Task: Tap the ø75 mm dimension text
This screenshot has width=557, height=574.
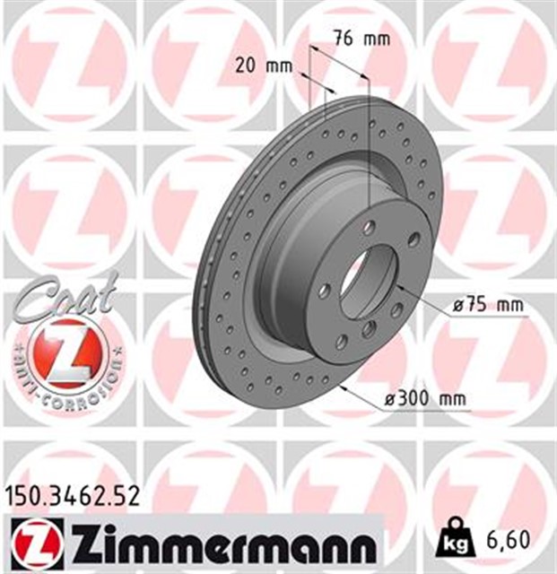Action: tap(487, 306)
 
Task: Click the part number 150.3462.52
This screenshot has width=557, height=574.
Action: tap(73, 495)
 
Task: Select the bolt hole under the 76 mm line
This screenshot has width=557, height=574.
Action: tap(369, 229)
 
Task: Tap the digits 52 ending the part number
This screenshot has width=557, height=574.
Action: tap(126, 495)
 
